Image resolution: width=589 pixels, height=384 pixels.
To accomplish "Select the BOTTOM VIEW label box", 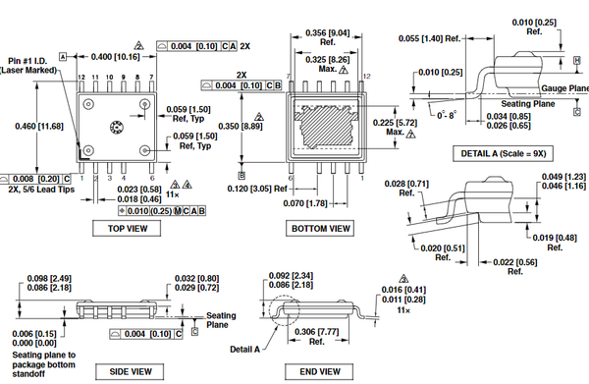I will click(321, 228).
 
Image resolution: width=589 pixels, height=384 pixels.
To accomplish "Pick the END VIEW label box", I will click(319, 371).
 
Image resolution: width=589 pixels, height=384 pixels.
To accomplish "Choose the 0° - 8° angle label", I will click(445, 115).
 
